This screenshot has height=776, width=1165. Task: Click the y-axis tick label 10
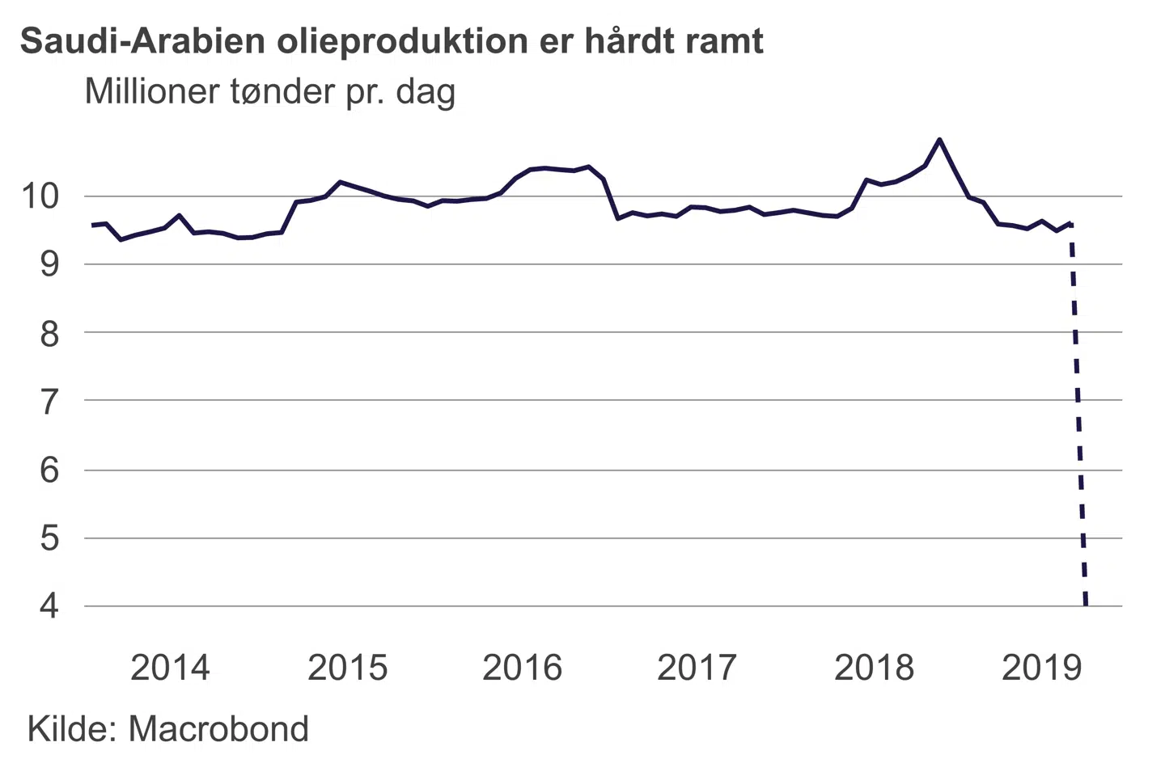point(40,196)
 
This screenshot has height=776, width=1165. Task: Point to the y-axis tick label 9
point(49,264)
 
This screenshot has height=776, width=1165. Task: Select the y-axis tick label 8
point(49,333)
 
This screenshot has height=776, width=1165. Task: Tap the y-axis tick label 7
point(49,401)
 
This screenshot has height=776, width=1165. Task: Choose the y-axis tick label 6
point(49,470)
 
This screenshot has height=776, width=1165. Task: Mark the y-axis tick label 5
point(49,538)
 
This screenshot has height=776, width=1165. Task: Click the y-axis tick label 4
point(49,605)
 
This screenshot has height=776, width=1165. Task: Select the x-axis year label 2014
point(170,668)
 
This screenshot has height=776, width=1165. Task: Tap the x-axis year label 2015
point(348,668)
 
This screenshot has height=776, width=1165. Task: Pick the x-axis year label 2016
point(522,668)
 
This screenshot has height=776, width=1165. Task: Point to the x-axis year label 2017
point(697,668)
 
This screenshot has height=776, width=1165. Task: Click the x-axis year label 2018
point(874,668)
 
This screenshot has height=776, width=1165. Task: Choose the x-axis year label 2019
point(1041,668)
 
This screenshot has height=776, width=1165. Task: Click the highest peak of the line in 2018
point(938,139)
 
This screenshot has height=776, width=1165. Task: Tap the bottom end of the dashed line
point(1086,604)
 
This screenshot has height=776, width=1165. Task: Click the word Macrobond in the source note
point(218,729)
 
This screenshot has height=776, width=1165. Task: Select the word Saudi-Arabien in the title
point(142,41)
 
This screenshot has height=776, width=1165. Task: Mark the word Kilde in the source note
point(71,729)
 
